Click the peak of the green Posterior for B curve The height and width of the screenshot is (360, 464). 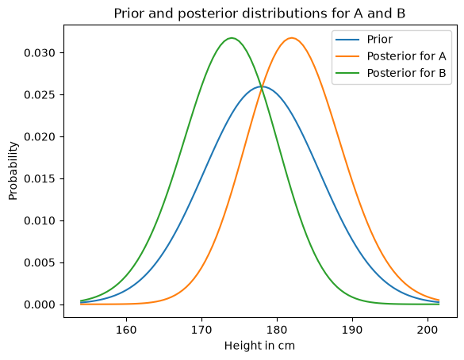coord(232,38)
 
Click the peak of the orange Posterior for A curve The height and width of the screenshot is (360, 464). coord(292,38)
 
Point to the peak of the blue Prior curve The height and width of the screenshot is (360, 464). coord(262,86)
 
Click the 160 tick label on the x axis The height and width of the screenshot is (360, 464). coord(127,330)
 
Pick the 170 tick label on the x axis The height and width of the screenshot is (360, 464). coord(201,330)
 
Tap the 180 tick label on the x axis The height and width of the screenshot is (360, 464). coord(277,330)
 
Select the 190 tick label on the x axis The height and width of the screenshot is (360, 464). coord(352,330)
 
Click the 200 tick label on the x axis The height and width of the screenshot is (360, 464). coord(428,330)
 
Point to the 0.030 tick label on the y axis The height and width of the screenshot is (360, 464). coord(40,53)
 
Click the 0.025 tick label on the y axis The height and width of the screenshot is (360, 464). coord(40,95)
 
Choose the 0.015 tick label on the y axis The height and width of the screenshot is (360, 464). coord(40,179)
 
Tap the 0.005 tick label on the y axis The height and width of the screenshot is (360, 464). coord(40,262)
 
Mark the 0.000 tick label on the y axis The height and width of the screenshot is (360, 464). coord(40,304)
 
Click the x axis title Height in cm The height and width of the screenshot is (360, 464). coord(259,346)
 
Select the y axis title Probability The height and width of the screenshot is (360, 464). coord(13,171)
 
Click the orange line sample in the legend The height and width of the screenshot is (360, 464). coord(347,56)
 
